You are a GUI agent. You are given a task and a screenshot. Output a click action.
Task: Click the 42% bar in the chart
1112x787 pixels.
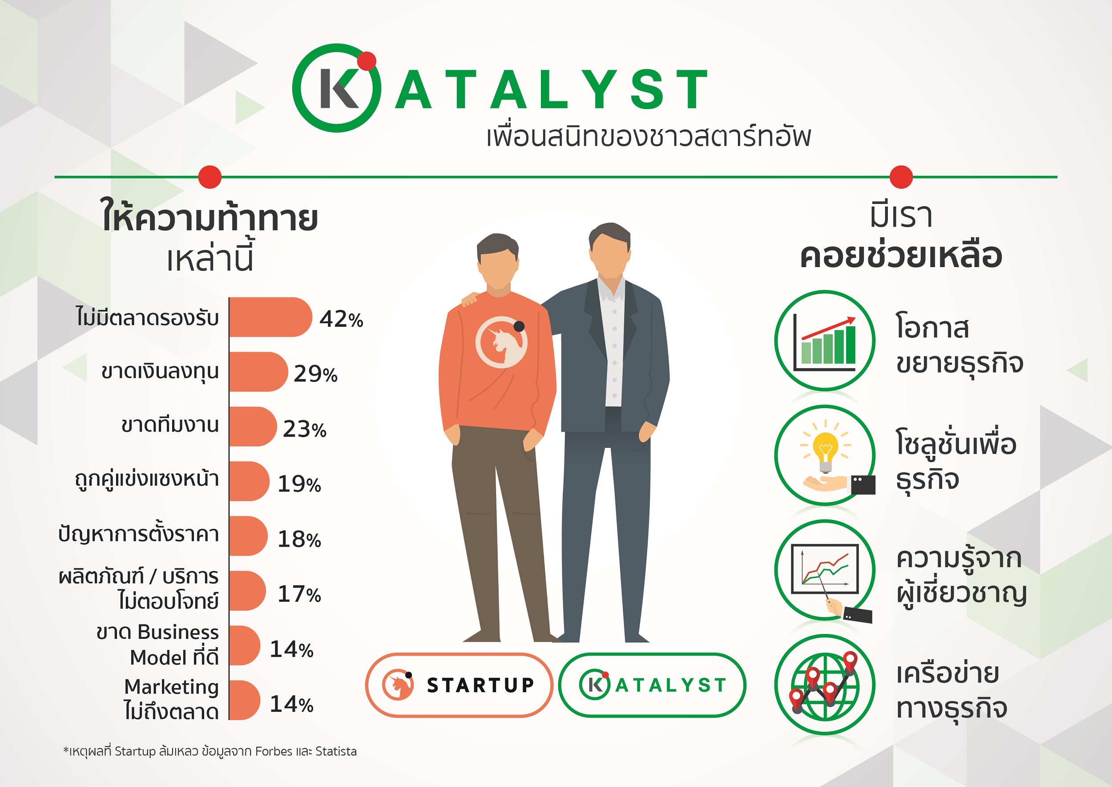270,317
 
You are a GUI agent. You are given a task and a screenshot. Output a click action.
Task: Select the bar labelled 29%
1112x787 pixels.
258,372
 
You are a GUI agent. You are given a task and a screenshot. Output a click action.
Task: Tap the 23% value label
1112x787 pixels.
305,429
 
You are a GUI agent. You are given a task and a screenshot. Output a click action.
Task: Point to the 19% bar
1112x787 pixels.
249,481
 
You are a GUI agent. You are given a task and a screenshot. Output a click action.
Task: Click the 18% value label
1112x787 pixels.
299,539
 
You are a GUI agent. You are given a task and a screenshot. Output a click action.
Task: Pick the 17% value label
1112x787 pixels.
299,594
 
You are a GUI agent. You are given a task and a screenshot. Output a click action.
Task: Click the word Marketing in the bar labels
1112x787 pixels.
171,687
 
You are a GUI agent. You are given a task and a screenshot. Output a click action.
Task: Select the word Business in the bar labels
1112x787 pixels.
178,632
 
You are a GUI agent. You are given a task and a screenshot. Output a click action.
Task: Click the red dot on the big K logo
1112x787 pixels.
367,61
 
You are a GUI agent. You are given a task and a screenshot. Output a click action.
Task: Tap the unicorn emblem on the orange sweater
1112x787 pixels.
502,342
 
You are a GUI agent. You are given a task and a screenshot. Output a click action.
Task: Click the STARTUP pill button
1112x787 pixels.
459,685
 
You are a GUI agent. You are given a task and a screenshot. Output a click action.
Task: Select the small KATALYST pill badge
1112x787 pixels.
652,685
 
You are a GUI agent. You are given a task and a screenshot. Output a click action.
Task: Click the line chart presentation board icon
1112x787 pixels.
824,569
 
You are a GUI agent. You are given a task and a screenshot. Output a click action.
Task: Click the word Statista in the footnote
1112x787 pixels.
336,751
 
